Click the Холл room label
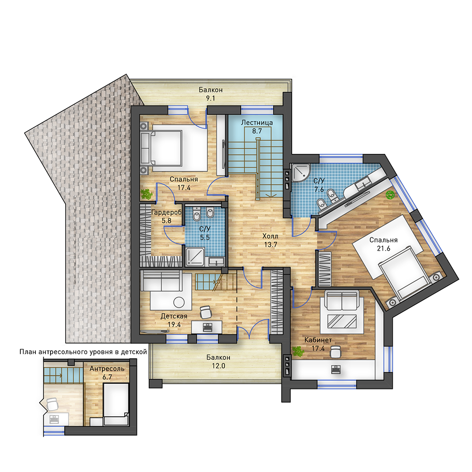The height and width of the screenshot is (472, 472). pyautogui.click(x=270, y=236)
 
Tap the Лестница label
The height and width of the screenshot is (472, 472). pyautogui.click(x=257, y=123)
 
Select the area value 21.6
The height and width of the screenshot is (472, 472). pyautogui.click(x=383, y=248)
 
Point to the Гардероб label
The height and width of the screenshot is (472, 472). pyautogui.click(x=167, y=212)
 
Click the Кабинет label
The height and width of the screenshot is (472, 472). pyautogui.click(x=318, y=340)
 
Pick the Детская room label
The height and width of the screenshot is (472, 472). pyautogui.click(x=174, y=316)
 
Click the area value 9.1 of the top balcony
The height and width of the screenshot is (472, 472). pyautogui.click(x=210, y=98)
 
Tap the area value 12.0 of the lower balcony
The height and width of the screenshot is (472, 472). pyautogui.click(x=218, y=366)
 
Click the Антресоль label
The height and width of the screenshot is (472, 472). pyautogui.click(x=107, y=369)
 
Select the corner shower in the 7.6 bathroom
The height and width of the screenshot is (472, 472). pyautogui.click(x=300, y=172)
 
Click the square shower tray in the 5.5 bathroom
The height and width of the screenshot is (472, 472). pyautogui.click(x=195, y=257)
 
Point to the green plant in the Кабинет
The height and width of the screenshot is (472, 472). pyautogui.click(x=298, y=351)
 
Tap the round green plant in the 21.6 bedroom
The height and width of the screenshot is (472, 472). pyautogui.click(x=390, y=195)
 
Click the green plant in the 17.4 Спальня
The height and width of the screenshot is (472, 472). pyautogui.click(x=147, y=194)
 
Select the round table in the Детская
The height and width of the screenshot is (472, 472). pyautogui.click(x=179, y=302)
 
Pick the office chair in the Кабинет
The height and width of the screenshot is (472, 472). pyautogui.click(x=335, y=352)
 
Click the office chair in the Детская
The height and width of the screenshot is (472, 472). pyautogui.click(x=206, y=312)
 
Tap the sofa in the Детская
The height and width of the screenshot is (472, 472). pyautogui.click(x=161, y=280)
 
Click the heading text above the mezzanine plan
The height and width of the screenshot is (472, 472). pyautogui.click(x=83, y=352)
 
